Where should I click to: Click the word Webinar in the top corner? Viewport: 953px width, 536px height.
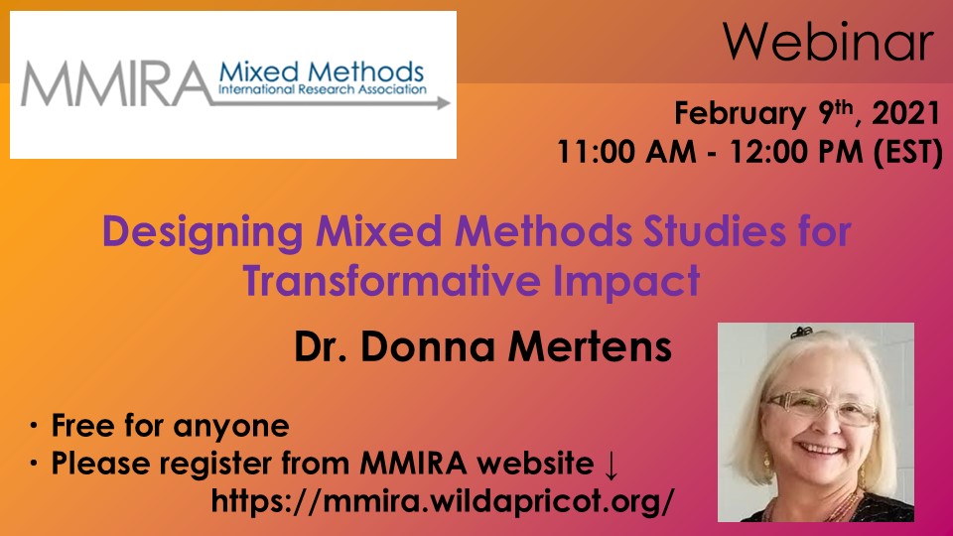click(x=828, y=44)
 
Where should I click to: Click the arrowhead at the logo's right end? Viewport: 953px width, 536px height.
click(x=443, y=100)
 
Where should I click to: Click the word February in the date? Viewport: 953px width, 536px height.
click(x=737, y=114)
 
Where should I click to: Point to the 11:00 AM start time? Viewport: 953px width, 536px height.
click(x=617, y=154)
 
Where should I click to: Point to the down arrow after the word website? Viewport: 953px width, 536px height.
click(x=612, y=465)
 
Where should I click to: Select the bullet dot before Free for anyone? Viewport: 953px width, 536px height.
click(x=34, y=428)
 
